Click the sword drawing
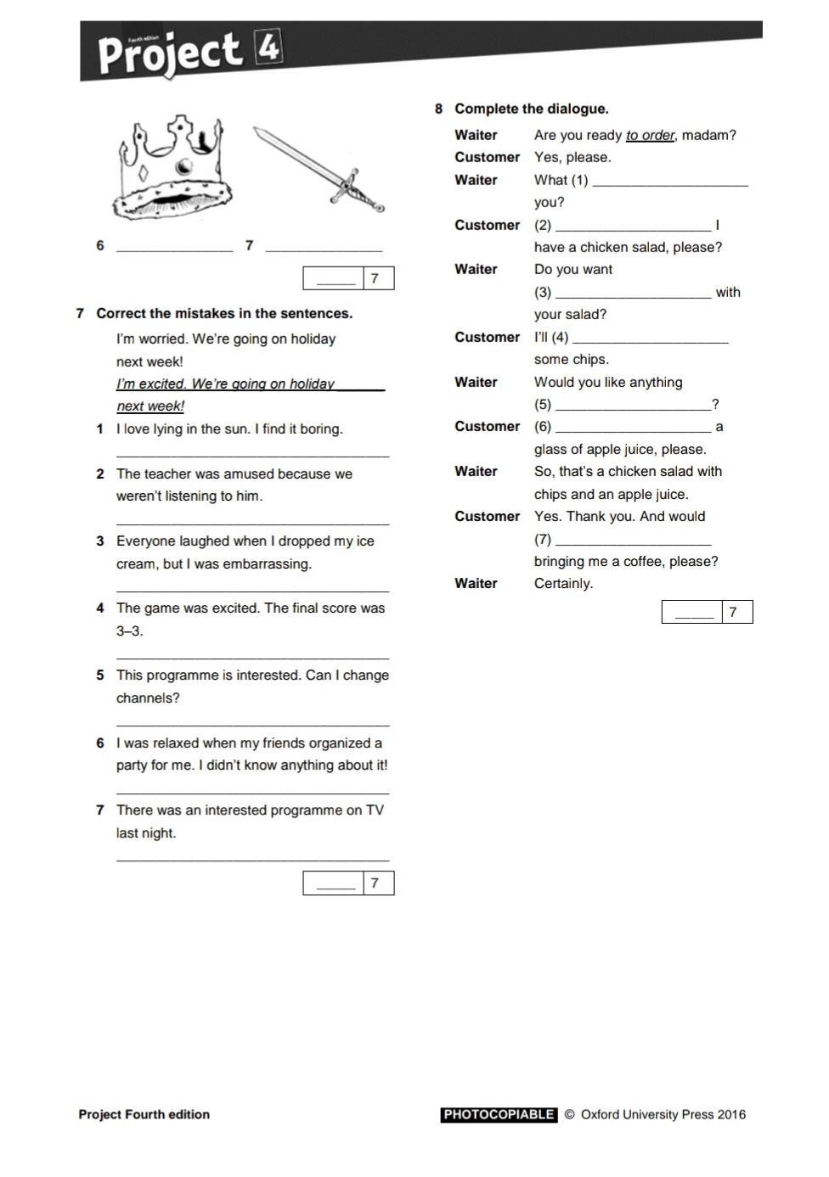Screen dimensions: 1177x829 319,170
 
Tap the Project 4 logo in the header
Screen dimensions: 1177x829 189,52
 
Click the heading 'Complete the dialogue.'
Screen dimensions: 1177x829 531,109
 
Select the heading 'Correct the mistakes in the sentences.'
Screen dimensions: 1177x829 223,313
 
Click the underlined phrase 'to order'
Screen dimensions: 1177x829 650,135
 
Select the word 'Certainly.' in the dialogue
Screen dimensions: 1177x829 563,584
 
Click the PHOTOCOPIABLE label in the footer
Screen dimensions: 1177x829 499,1115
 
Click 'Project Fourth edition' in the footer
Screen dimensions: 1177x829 144,1115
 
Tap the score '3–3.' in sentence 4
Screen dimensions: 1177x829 129,631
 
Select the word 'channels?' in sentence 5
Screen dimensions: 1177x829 148,698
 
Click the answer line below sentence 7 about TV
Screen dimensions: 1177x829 252,860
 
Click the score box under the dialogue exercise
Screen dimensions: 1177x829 707,612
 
